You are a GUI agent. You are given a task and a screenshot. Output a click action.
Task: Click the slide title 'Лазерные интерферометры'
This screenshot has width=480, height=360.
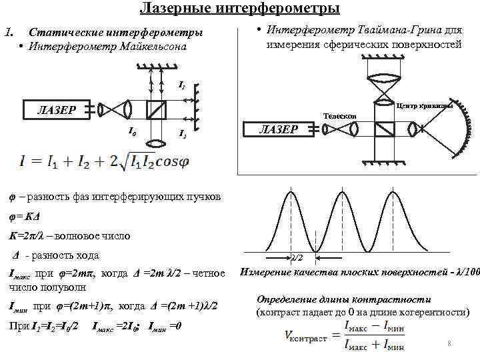[239, 9]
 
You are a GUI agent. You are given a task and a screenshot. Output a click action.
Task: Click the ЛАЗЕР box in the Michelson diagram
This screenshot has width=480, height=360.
[55, 109]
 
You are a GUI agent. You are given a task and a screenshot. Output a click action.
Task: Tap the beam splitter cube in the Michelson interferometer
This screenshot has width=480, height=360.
[157, 109]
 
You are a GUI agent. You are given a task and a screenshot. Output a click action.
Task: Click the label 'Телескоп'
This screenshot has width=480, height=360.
[340, 116]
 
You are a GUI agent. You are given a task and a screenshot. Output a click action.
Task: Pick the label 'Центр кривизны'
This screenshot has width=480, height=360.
[425, 106]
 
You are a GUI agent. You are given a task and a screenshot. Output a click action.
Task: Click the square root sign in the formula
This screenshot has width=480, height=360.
[127, 161]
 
